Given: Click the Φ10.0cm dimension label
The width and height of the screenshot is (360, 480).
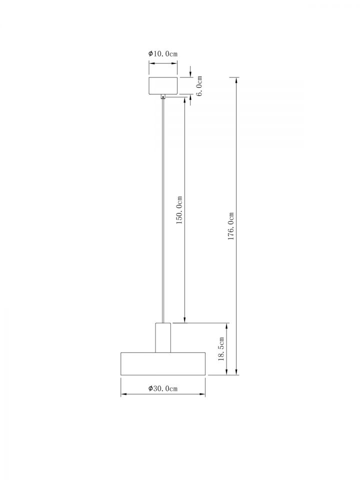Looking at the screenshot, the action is [x=163, y=54].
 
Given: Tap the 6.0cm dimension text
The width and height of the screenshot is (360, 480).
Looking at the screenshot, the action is [x=199, y=86].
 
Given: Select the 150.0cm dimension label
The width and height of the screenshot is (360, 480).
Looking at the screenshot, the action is [x=179, y=210].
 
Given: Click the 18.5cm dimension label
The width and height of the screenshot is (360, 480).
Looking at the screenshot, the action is [x=221, y=349].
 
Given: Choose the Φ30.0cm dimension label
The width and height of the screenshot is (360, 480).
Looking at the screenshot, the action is [x=163, y=388].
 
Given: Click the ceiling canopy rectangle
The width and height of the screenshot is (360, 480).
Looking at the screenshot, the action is [x=163, y=85].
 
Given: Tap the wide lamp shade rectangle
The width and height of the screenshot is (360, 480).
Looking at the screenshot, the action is [x=163, y=363].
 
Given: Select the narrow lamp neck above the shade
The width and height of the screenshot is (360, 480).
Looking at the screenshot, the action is [x=163, y=337].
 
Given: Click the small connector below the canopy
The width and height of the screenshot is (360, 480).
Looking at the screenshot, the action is [x=163, y=97].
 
